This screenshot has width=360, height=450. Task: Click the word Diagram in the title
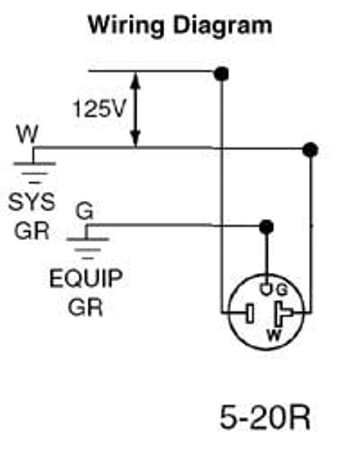pyautogui.click(x=216, y=25)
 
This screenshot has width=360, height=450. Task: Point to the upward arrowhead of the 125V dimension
pyautogui.click(x=136, y=79)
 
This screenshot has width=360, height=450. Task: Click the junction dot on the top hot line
pyautogui.click(x=222, y=73)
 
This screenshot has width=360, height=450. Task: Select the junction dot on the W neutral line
pyautogui.click(x=310, y=150)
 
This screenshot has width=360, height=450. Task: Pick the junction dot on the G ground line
pyautogui.click(x=267, y=226)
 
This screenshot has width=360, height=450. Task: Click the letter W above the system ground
pyautogui.click(x=28, y=135)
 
